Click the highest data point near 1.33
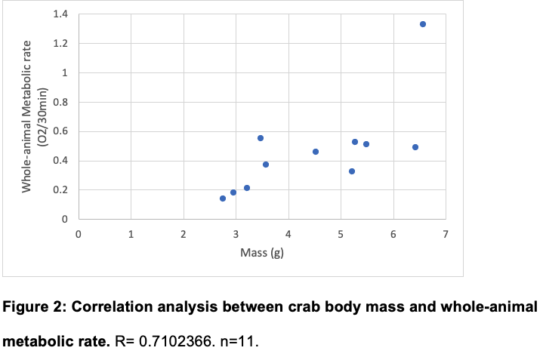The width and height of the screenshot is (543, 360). pyautogui.click(x=422, y=24)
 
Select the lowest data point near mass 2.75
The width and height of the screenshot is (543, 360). pyautogui.click(x=223, y=198)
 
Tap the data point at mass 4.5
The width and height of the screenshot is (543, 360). pyautogui.click(x=316, y=152)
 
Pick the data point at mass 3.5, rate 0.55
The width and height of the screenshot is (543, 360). pyautogui.click(x=261, y=138)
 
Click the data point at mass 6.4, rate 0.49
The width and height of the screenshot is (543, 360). pyautogui.click(x=415, y=147)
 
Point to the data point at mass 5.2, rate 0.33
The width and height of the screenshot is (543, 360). pyautogui.click(x=352, y=171)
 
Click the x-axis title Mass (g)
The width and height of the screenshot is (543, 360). pyautogui.click(x=261, y=253)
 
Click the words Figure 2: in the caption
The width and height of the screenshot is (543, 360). pyautogui.click(x=32, y=308)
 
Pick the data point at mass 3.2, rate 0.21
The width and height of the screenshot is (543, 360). pyautogui.click(x=247, y=188)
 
